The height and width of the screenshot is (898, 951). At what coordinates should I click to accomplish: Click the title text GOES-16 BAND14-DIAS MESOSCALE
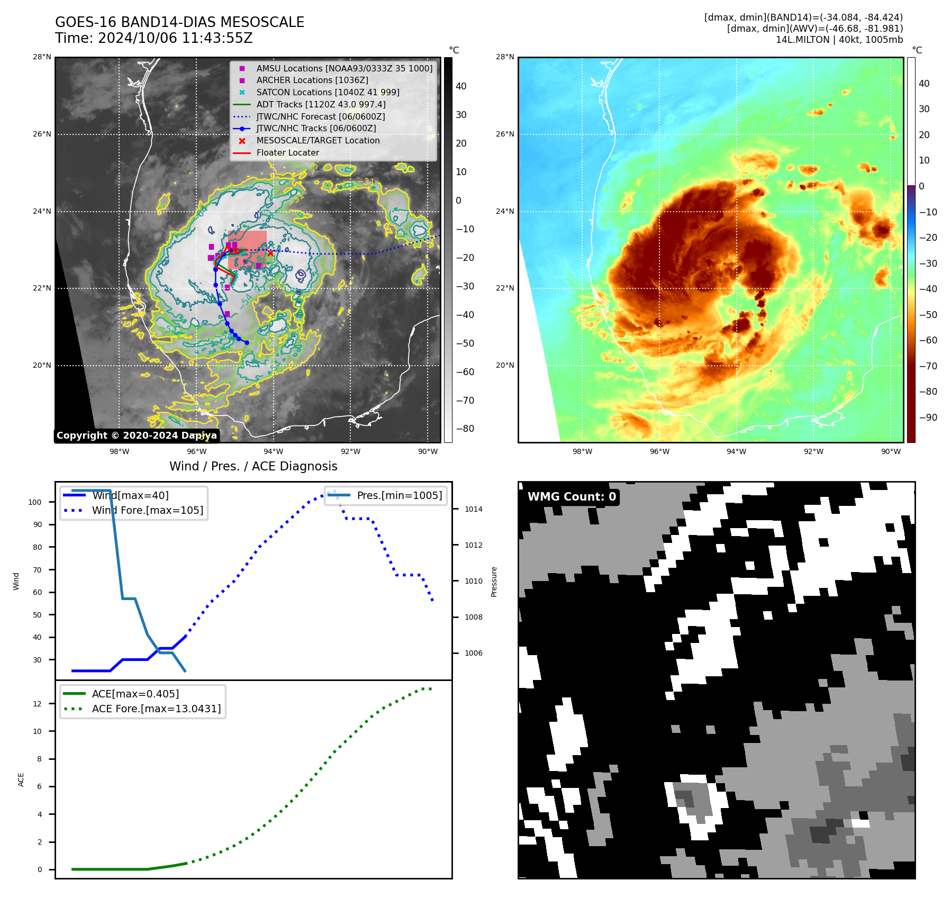pos(179,22)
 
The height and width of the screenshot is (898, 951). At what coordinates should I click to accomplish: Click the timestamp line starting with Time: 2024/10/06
pos(153,38)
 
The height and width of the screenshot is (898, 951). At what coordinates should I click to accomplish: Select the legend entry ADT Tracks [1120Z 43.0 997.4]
pos(321,104)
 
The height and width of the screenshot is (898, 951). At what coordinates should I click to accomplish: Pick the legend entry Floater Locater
pos(287,152)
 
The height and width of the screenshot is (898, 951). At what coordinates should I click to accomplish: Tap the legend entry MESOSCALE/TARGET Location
pos(318,140)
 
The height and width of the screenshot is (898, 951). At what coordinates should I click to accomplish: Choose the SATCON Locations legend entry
pos(328,92)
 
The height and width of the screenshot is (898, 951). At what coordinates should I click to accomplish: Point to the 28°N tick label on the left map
pos(42,57)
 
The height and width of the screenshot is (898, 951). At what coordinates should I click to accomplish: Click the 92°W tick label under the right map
pos(813,451)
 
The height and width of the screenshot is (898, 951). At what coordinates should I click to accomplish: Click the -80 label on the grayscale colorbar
pos(465,429)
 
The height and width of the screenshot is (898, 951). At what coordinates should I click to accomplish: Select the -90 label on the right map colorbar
pos(928,418)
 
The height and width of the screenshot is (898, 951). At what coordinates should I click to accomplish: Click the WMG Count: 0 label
pos(572,496)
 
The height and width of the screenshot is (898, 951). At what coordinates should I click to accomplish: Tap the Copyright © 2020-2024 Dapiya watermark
pos(137,436)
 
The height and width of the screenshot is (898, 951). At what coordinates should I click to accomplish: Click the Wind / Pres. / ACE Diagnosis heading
pos(253,466)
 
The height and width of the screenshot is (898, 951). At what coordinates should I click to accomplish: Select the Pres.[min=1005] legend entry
pos(399,495)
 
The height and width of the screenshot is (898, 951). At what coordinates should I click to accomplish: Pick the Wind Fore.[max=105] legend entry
pos(147,510)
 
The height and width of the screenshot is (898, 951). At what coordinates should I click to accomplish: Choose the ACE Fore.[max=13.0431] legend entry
pos(156,708)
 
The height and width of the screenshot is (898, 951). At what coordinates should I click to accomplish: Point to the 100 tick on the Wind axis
pos(35,502)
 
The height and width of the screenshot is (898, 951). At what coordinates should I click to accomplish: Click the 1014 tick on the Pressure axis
pos(474,509)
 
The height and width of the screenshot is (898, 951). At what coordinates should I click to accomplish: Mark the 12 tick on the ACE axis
pos(37,704)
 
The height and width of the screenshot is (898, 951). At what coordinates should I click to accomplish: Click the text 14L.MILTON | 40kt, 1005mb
pos(839,40)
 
